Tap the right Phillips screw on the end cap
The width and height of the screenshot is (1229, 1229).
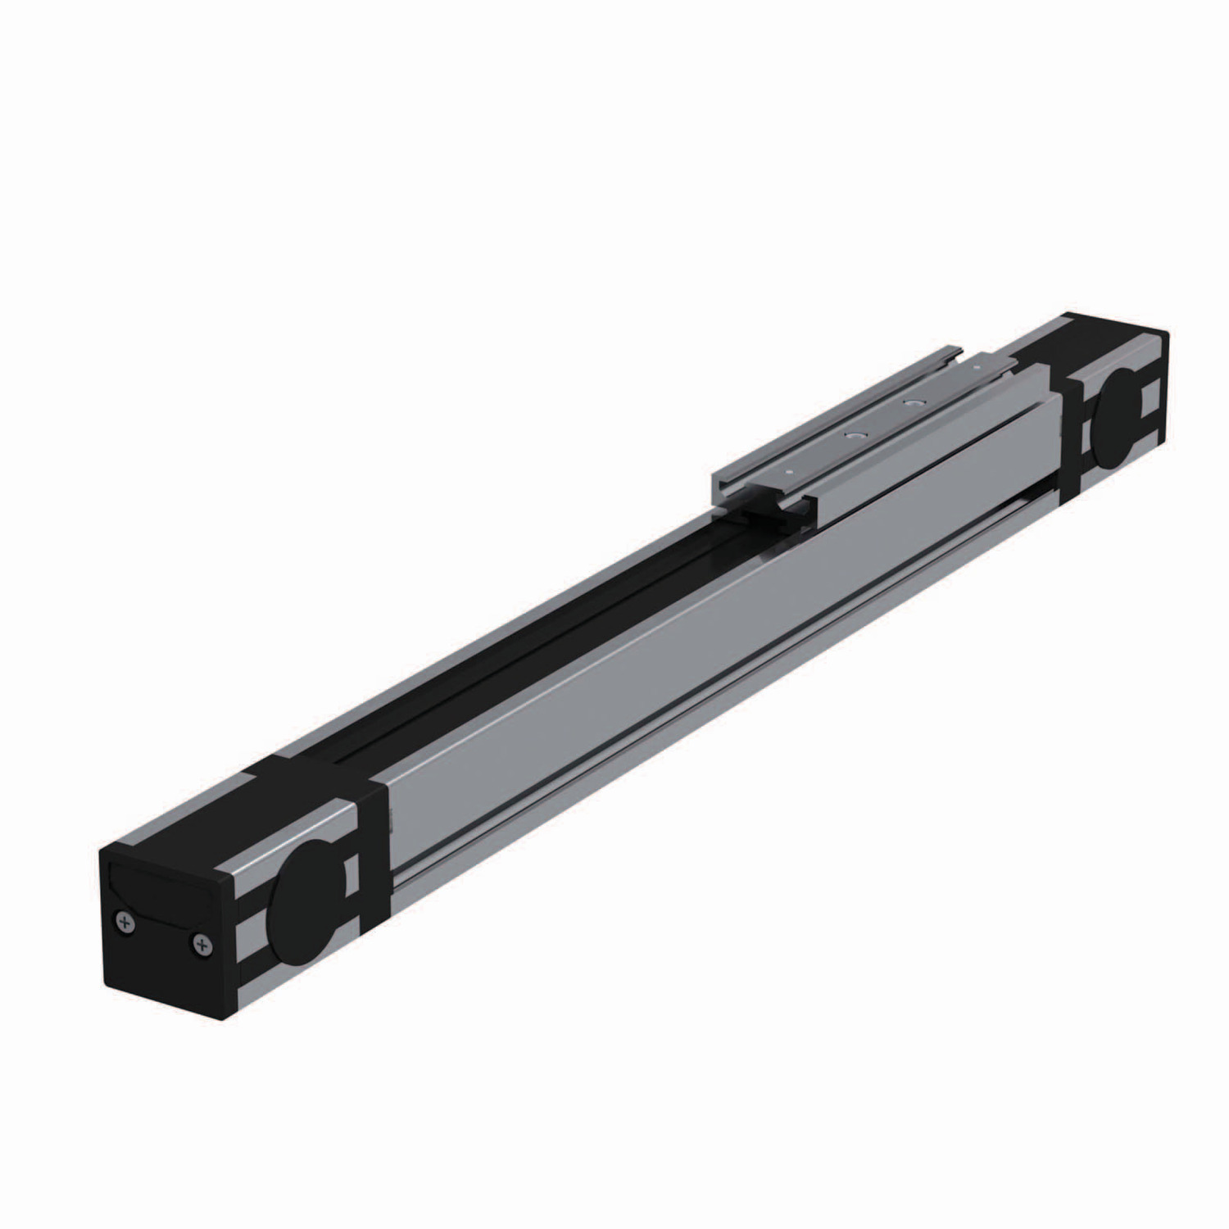pyautogui.click(x=202, y=946)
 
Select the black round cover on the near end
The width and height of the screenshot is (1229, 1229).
pyautogui.click(x=306, y=902)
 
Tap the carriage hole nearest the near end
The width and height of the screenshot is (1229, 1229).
pyautogui.click(x=855, y=438)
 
